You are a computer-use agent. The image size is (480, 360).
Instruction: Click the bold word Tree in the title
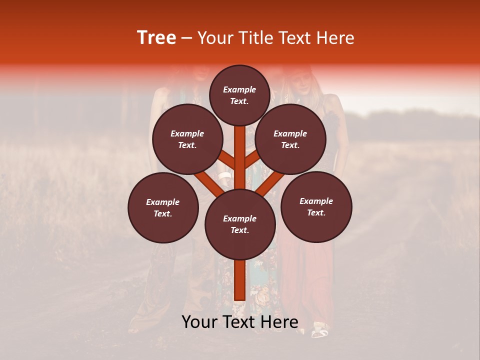click(156, 38)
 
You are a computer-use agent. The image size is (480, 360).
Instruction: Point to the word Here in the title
click(335, 38)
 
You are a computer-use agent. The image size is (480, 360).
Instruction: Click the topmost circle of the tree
click(239, 95)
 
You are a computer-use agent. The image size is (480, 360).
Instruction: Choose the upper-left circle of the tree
click(187, 139)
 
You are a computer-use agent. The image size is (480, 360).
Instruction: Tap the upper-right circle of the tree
click(290, 139)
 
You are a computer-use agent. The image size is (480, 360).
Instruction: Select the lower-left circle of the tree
click(163, 207)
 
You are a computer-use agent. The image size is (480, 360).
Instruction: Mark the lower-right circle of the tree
click(316, 206)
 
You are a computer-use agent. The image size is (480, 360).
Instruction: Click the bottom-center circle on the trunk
click(240, 224)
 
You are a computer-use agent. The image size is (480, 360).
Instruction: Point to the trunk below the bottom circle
click(239, 280)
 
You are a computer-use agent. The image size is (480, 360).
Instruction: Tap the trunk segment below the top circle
click(239, 150)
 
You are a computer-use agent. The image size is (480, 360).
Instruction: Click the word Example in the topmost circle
click(239, 89)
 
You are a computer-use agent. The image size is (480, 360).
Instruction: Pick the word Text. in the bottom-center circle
click(239, 230)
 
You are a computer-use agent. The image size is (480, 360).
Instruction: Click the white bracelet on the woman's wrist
click(224, 176)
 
